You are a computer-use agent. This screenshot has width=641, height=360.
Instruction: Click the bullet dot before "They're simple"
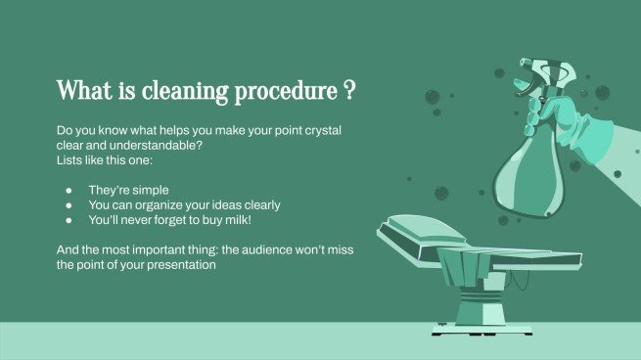(69, 189)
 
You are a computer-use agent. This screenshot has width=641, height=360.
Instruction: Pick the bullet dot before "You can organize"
(69, 205)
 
